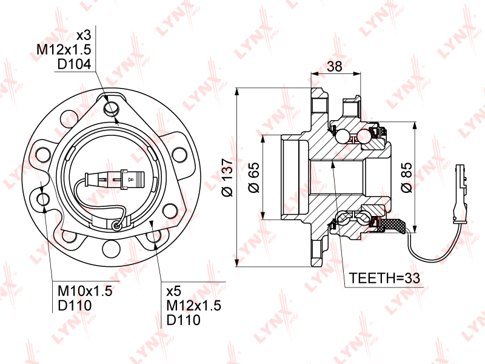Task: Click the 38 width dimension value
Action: click(x=335, y=66)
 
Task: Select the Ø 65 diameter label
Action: click(x=254, y=177)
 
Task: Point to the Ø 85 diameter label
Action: click(x=406, y=177)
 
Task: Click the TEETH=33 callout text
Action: click(x=384, y=278)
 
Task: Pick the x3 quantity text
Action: click(x=84, y=35)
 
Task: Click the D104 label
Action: click(x=74, y=64)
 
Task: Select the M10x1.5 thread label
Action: click(x=85, y=291)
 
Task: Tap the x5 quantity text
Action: click(x=173, y=291)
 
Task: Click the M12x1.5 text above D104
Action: click(x=64, y=50)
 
